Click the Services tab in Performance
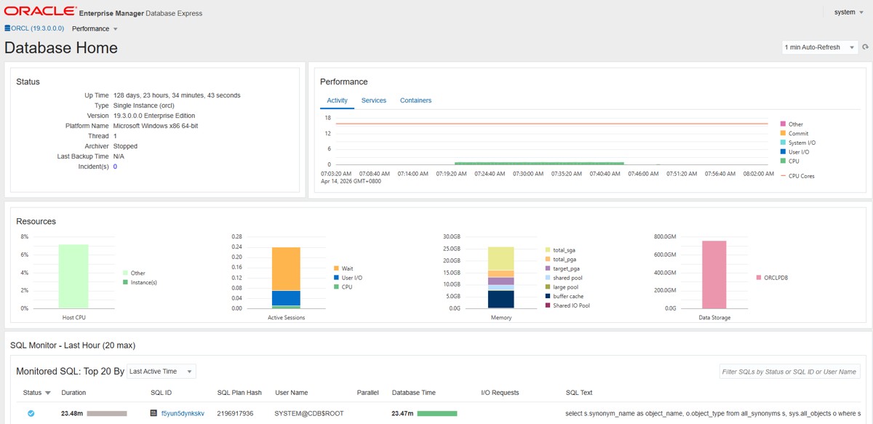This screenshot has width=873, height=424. click(373, 100)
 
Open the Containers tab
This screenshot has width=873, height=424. click(415, 100)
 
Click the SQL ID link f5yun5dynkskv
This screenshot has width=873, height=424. click(183, 414)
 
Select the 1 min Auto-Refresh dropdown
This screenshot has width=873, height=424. click(819, 47)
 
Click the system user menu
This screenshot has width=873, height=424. click(848, 12)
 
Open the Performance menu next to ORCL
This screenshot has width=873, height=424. click(95, 29)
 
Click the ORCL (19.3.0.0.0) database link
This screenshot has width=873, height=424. click(34, 28)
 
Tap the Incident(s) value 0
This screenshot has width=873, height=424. click(115, 167)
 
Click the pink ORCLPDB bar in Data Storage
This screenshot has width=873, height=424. click(714, 275)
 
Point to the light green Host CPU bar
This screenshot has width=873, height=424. click(73, 276)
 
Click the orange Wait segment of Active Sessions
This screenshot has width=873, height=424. click(286, 269)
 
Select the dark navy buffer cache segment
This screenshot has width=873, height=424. click(501, 300)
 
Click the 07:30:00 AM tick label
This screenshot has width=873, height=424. click(528, 174)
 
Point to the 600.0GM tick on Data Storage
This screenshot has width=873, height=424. click(665, 255)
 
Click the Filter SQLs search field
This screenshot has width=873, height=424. click(789, 372)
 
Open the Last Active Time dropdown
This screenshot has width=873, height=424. click(162, 372)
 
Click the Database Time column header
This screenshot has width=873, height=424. click(413, 393)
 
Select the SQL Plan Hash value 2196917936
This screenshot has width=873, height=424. click(235, 414)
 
